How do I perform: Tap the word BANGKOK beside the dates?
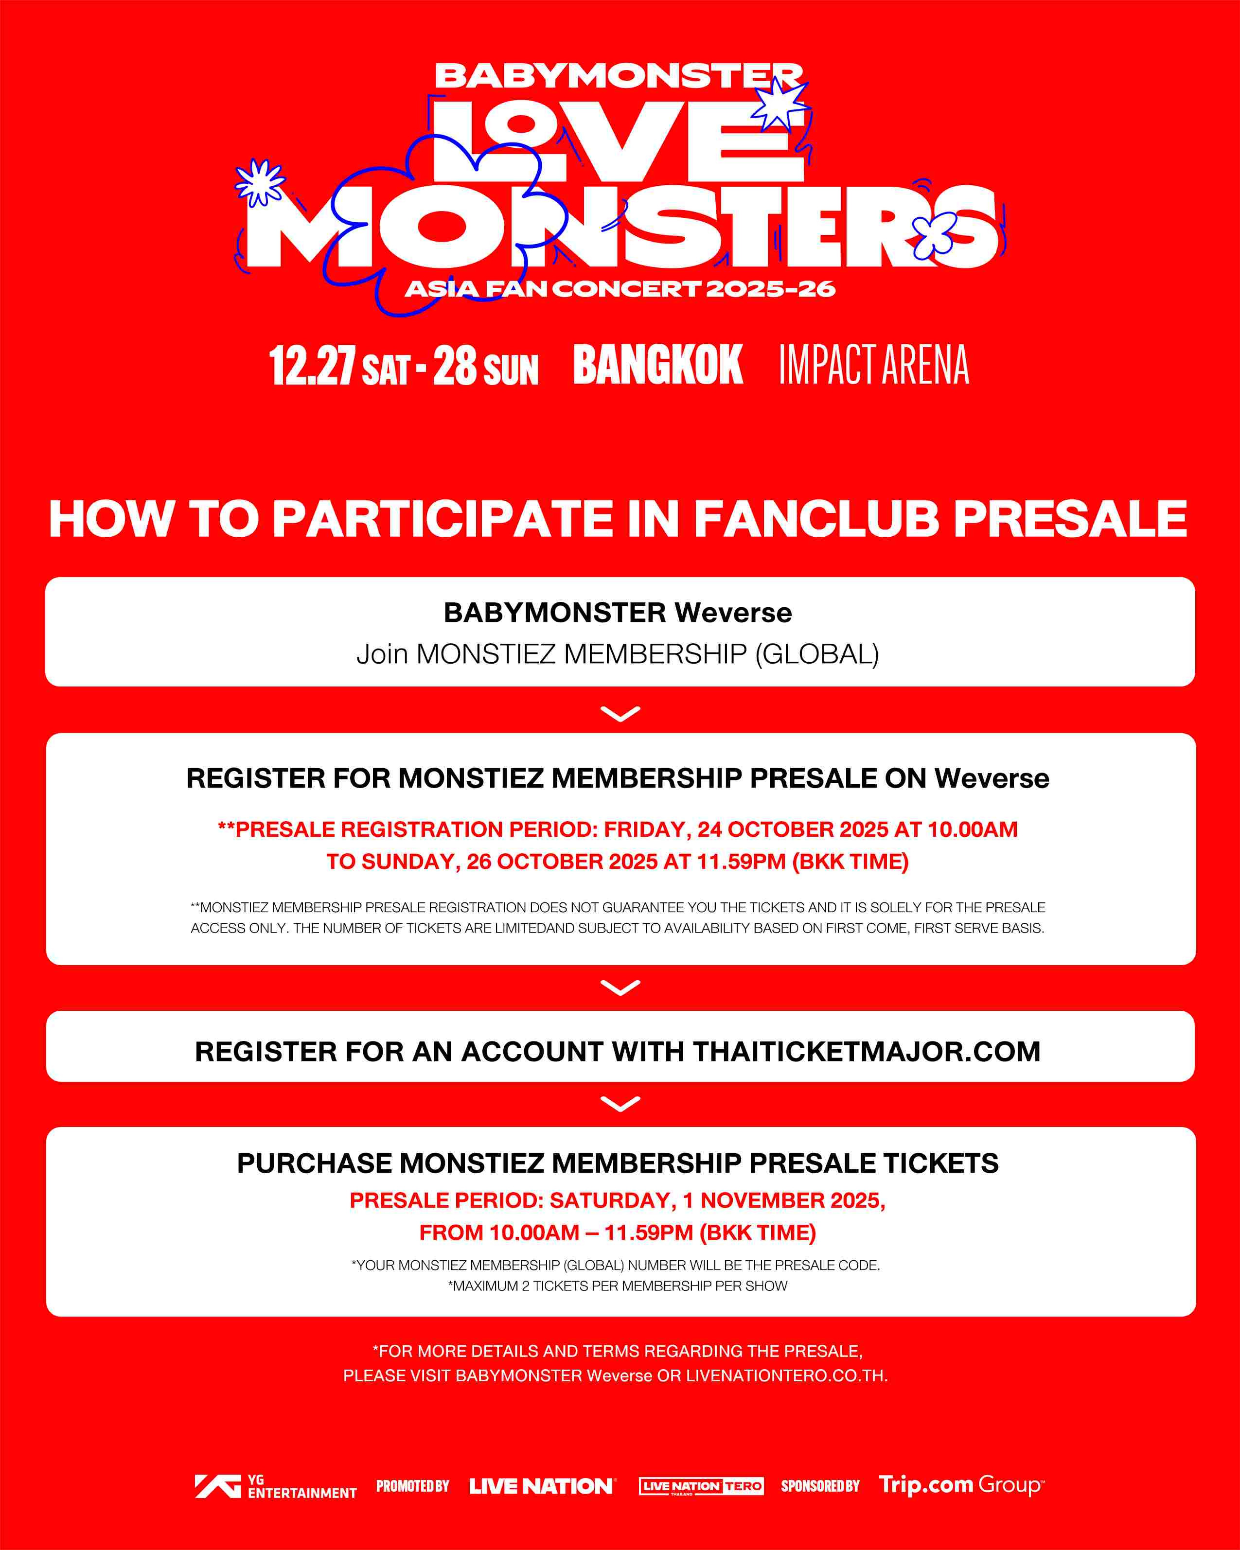click(x=658, y=365)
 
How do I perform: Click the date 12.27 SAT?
click(x=340, y=365)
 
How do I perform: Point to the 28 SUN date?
click(x=486, y=365)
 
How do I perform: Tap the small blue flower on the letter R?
click(x=935, y=235)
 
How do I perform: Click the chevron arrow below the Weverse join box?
click(x=620, y=714)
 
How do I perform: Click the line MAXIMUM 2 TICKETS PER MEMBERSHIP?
click(x=618, y=1286)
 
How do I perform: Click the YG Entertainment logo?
click(x=275, y=1486)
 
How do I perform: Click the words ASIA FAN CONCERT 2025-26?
click(x=620, y=289)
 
